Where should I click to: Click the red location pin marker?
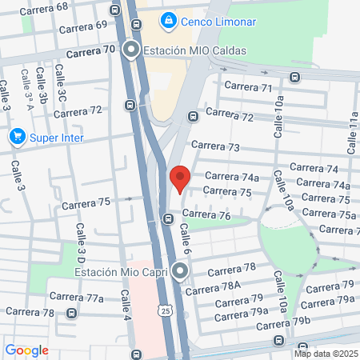tap(180, 178)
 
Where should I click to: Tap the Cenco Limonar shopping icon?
tap(168, 20)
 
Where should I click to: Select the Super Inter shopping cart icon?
tap(17, 138)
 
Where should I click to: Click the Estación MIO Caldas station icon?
tap(131, 50)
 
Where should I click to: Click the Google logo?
tap(26, 350)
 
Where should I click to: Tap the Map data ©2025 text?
tap(325, 353)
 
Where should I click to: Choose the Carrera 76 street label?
tap(206, 215)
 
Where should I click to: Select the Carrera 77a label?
tap(83, 298)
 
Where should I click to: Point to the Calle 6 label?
tap(184, 238)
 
